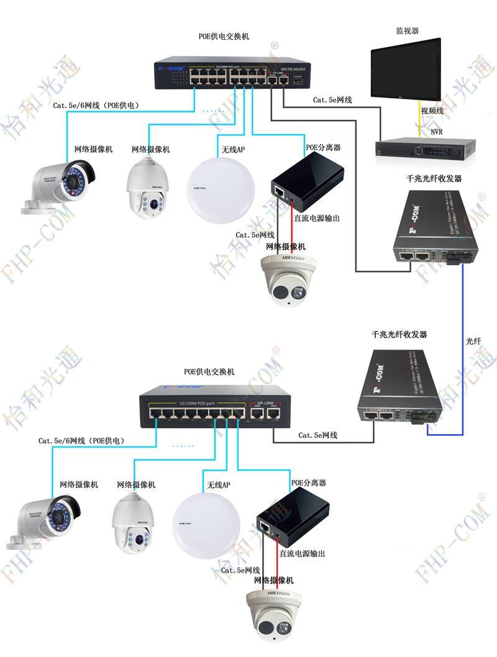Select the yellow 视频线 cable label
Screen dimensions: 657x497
432,111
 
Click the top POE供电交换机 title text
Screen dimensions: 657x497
224,37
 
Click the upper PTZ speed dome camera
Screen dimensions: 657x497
148,187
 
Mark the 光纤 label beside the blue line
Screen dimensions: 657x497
473,341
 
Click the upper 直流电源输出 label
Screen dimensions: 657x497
317,219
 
